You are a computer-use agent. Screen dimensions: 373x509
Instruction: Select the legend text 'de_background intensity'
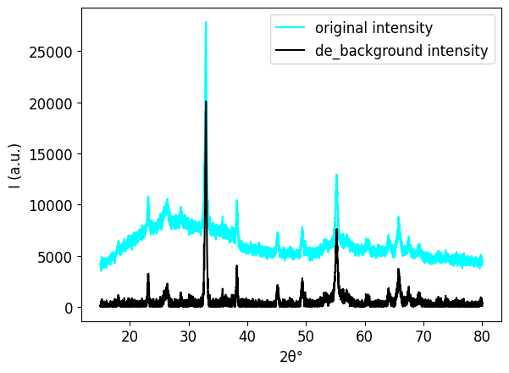401,51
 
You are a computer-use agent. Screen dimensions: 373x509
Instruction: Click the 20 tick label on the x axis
130,336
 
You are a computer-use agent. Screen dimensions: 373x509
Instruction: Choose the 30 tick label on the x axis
188,336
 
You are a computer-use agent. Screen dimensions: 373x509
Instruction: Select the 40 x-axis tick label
247,336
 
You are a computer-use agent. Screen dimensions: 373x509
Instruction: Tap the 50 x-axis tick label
306,336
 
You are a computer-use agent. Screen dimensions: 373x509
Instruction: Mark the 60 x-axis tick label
364,336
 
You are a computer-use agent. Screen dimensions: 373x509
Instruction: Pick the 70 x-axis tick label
423,336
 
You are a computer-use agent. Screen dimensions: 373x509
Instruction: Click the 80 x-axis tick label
482,336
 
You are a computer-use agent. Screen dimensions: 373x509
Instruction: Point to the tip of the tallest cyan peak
206,22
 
